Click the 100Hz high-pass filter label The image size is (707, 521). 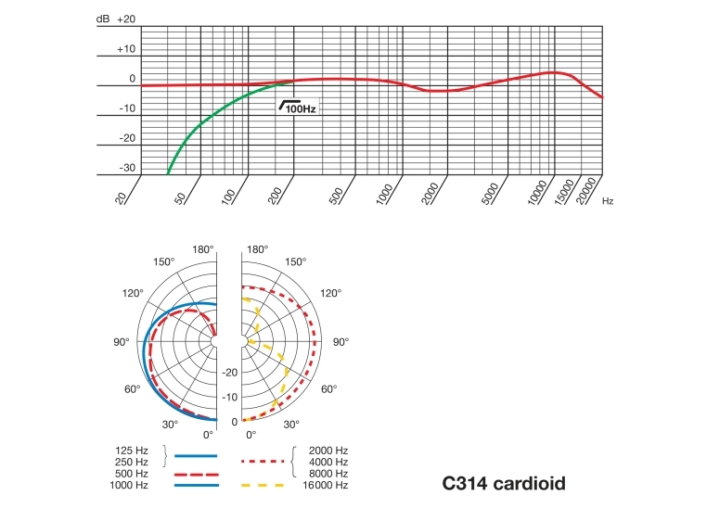point(299,108)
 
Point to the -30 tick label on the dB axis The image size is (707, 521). point(126,168)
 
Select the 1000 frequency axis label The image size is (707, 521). point(387,196)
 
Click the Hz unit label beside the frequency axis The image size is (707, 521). point(608,200)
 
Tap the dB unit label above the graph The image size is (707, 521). point(102,19)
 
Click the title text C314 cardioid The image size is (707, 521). point(504,483)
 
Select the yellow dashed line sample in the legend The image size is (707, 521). point(264,485)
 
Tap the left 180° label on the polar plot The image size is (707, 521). point(203,250)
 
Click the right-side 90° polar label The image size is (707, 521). point(341,342)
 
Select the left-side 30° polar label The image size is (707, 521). point(170,425)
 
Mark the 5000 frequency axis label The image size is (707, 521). point(491,194)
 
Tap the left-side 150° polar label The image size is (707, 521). point(163,262)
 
